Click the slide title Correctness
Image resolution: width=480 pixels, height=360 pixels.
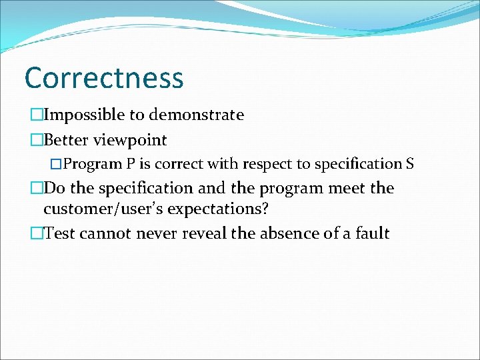(103, 77)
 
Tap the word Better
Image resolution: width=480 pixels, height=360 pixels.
(66, 140)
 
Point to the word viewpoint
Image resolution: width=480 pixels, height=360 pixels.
(130, 141)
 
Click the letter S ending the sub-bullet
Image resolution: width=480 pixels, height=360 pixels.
(410, 163)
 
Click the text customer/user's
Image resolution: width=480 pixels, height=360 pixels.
(105, 209)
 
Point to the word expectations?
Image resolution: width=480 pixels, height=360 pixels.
(218, 209)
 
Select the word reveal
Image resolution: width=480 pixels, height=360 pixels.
(197, 233)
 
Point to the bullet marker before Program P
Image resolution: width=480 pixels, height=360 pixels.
(57, 164)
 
